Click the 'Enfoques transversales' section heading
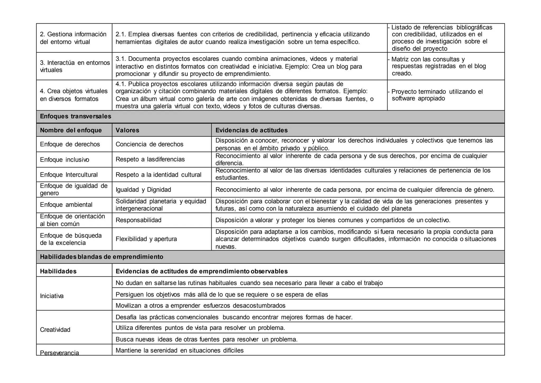(x=76, y=116)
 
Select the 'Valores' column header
(x=127, y=130)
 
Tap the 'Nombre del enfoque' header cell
(x=71, y=130)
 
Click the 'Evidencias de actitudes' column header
(x=251, y=130)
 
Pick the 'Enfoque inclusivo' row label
(x=65, y=160)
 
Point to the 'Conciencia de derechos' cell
(x=150, y=144)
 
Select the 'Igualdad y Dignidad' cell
(x=143, y=190)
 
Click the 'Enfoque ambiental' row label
(x=66, y=205)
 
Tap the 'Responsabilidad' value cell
(x=138, y=220)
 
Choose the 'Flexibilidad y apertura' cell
(x=146, y=239)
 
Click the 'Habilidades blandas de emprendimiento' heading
(x=102, y=257)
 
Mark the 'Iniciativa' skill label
(x=52, y=296)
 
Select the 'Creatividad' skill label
(x=55, y=330)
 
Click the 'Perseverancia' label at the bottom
(x=59, y=353)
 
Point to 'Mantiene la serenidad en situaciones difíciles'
(x=180, y=350)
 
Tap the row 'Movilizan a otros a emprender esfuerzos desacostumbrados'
(x=200, y=306)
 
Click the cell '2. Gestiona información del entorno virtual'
(x=73, y=38)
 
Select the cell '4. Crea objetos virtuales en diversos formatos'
(x=74, y=95)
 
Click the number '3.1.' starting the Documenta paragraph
(x=121, y=59)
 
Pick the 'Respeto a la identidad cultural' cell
(x=158, y=175)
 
